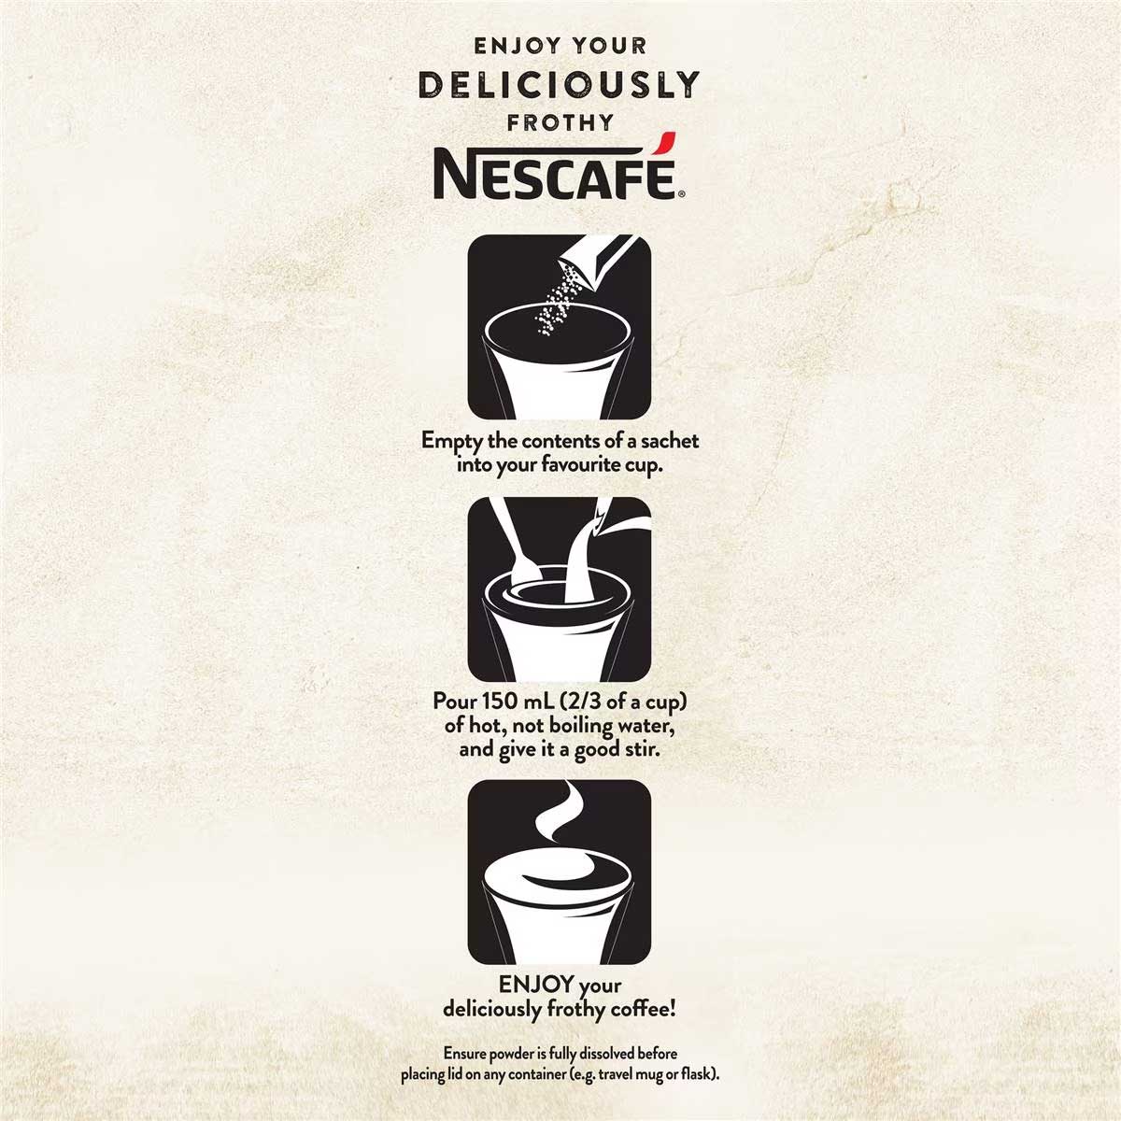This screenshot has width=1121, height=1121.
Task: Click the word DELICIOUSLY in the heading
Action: coord(559,85)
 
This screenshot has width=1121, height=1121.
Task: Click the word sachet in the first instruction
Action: coord(670,440)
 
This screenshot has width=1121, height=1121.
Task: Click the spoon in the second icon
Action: coord(516,541)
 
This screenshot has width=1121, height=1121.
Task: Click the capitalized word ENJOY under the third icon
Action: coord(536,984)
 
